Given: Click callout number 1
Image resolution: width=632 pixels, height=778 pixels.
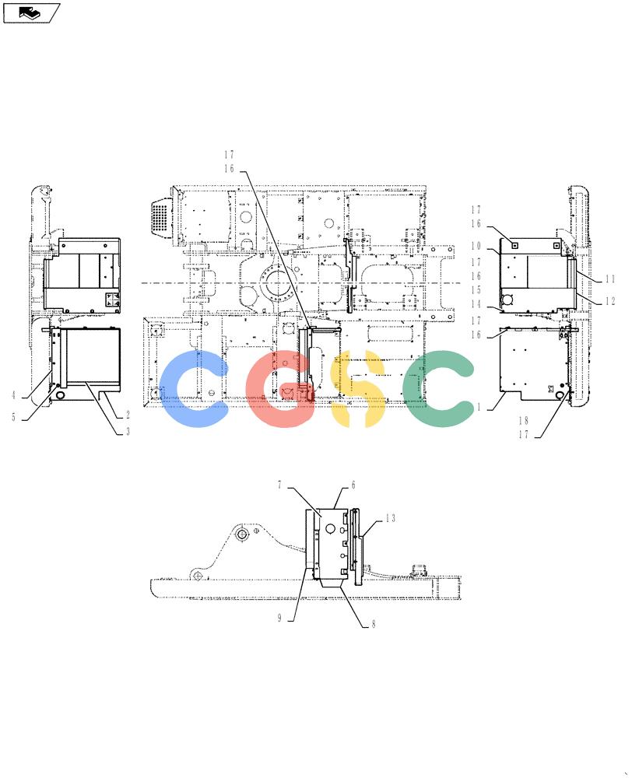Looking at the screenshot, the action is coord(479,408).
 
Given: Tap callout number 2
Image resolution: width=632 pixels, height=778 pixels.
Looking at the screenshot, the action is coord(128,415).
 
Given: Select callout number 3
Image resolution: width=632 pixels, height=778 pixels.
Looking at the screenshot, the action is coord(128,432).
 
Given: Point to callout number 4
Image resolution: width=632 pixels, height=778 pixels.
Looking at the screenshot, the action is coord(14,395).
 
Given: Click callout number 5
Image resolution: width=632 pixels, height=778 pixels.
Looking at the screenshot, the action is coord(14,417).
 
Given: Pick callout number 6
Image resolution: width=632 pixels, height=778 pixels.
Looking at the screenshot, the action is coord(353,485).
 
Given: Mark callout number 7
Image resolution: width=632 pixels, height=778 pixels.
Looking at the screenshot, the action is coord(279,485).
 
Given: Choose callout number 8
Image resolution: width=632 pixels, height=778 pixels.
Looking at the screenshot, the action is coord(374,624).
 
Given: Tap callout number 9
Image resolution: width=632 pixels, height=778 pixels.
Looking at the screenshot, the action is coord(279,618).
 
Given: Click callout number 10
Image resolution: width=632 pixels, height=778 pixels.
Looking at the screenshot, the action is coord(476,246).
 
